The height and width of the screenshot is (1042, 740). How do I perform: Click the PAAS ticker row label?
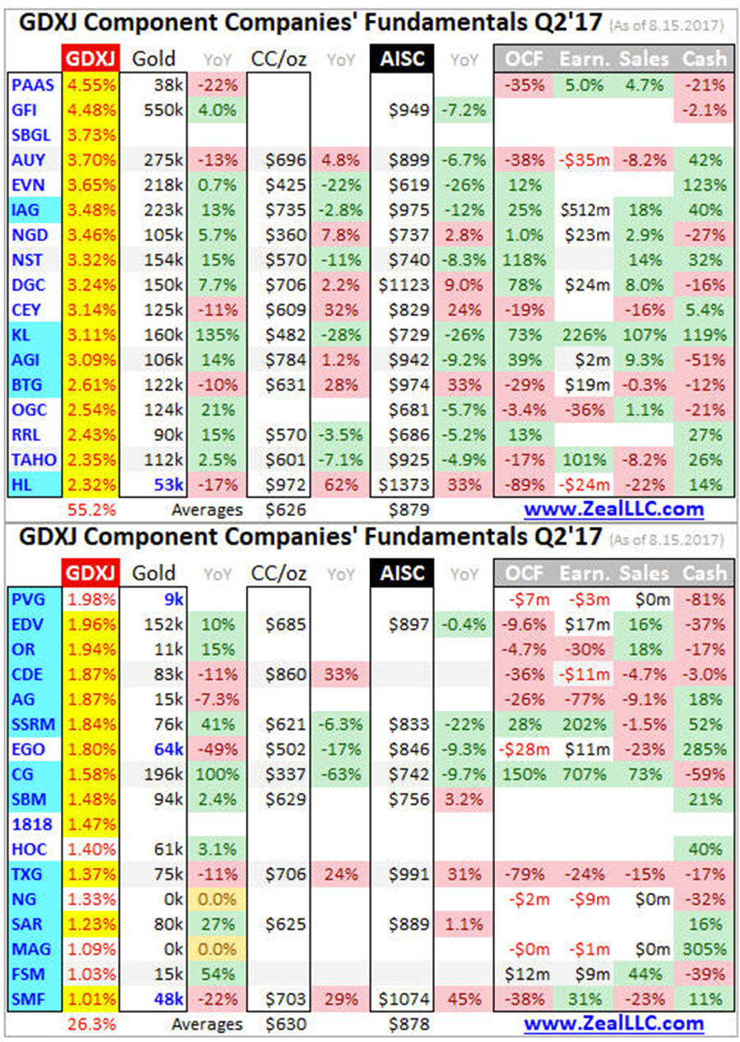point(29,85)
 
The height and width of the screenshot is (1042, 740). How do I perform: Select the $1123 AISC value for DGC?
point(403,285)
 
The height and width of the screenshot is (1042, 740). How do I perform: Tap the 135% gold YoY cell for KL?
point(215,335)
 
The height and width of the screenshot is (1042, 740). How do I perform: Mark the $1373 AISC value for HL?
point(403,485)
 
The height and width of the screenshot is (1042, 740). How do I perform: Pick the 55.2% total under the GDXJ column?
point(90,509)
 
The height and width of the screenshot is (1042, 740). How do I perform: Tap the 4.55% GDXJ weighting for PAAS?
point(90,85)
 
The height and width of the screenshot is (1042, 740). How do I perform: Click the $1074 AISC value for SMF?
point(403,998)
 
